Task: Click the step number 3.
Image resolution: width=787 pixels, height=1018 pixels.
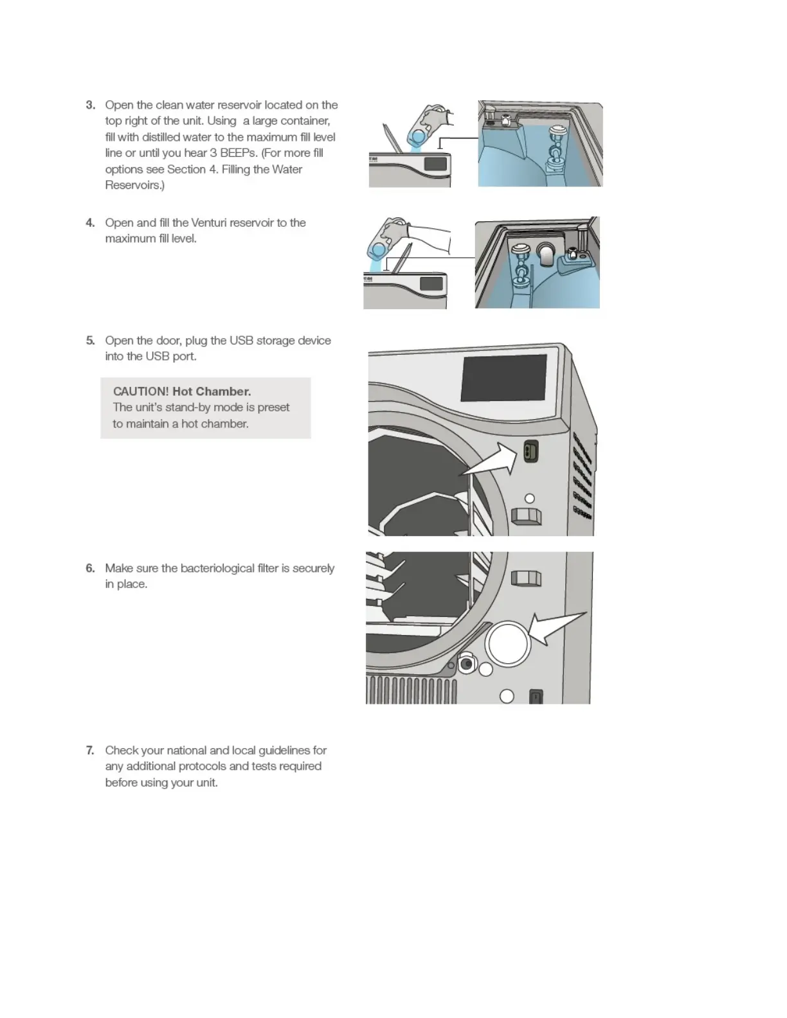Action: click(x=90, y=105)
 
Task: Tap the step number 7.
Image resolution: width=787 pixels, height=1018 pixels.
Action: click(x=90, y=750)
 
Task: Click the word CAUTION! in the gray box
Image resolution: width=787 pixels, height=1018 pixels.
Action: click(x=141, y=391)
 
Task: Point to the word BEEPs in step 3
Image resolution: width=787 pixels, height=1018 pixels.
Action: click(x=239, y=153)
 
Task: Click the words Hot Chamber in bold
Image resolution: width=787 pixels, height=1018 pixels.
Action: click(x=212, y=391)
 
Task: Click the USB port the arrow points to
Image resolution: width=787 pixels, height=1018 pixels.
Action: click(x=530, y=451)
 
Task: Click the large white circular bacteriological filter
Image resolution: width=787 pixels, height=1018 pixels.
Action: click(x=508, y=643)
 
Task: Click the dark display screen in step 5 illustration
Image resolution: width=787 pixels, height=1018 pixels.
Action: click(x=504, y=377)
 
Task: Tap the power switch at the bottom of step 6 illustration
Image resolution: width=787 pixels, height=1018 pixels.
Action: click(x=536, y=697)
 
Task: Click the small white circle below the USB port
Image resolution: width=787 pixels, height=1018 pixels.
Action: click(x=530, y=499)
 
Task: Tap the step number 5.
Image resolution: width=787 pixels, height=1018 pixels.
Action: click(x=90, y=340)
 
